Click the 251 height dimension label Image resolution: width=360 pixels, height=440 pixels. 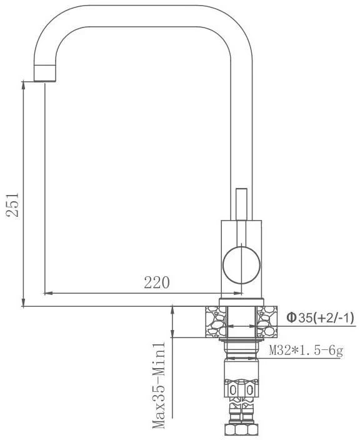pyautogui.click(x=12, y=204)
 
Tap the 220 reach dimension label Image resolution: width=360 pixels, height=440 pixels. pyautogui.click(x=157, y=282)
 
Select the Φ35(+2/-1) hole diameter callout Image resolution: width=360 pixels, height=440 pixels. pyautogui.click(x=320, y=318)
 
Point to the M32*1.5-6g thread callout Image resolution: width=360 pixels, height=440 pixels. pyautogui.click(x=306, y=351)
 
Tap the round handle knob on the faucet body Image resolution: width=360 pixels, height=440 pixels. pyautogui.click(x=242, y=266)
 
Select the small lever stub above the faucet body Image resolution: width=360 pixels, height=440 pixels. pyautogui.click(x=241, y=204)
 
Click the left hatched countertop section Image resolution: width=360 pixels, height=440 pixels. pyautogui.click(x=216, y=322)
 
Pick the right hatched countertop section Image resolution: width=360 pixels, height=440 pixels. pyautogui.click(x=267, y=322)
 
